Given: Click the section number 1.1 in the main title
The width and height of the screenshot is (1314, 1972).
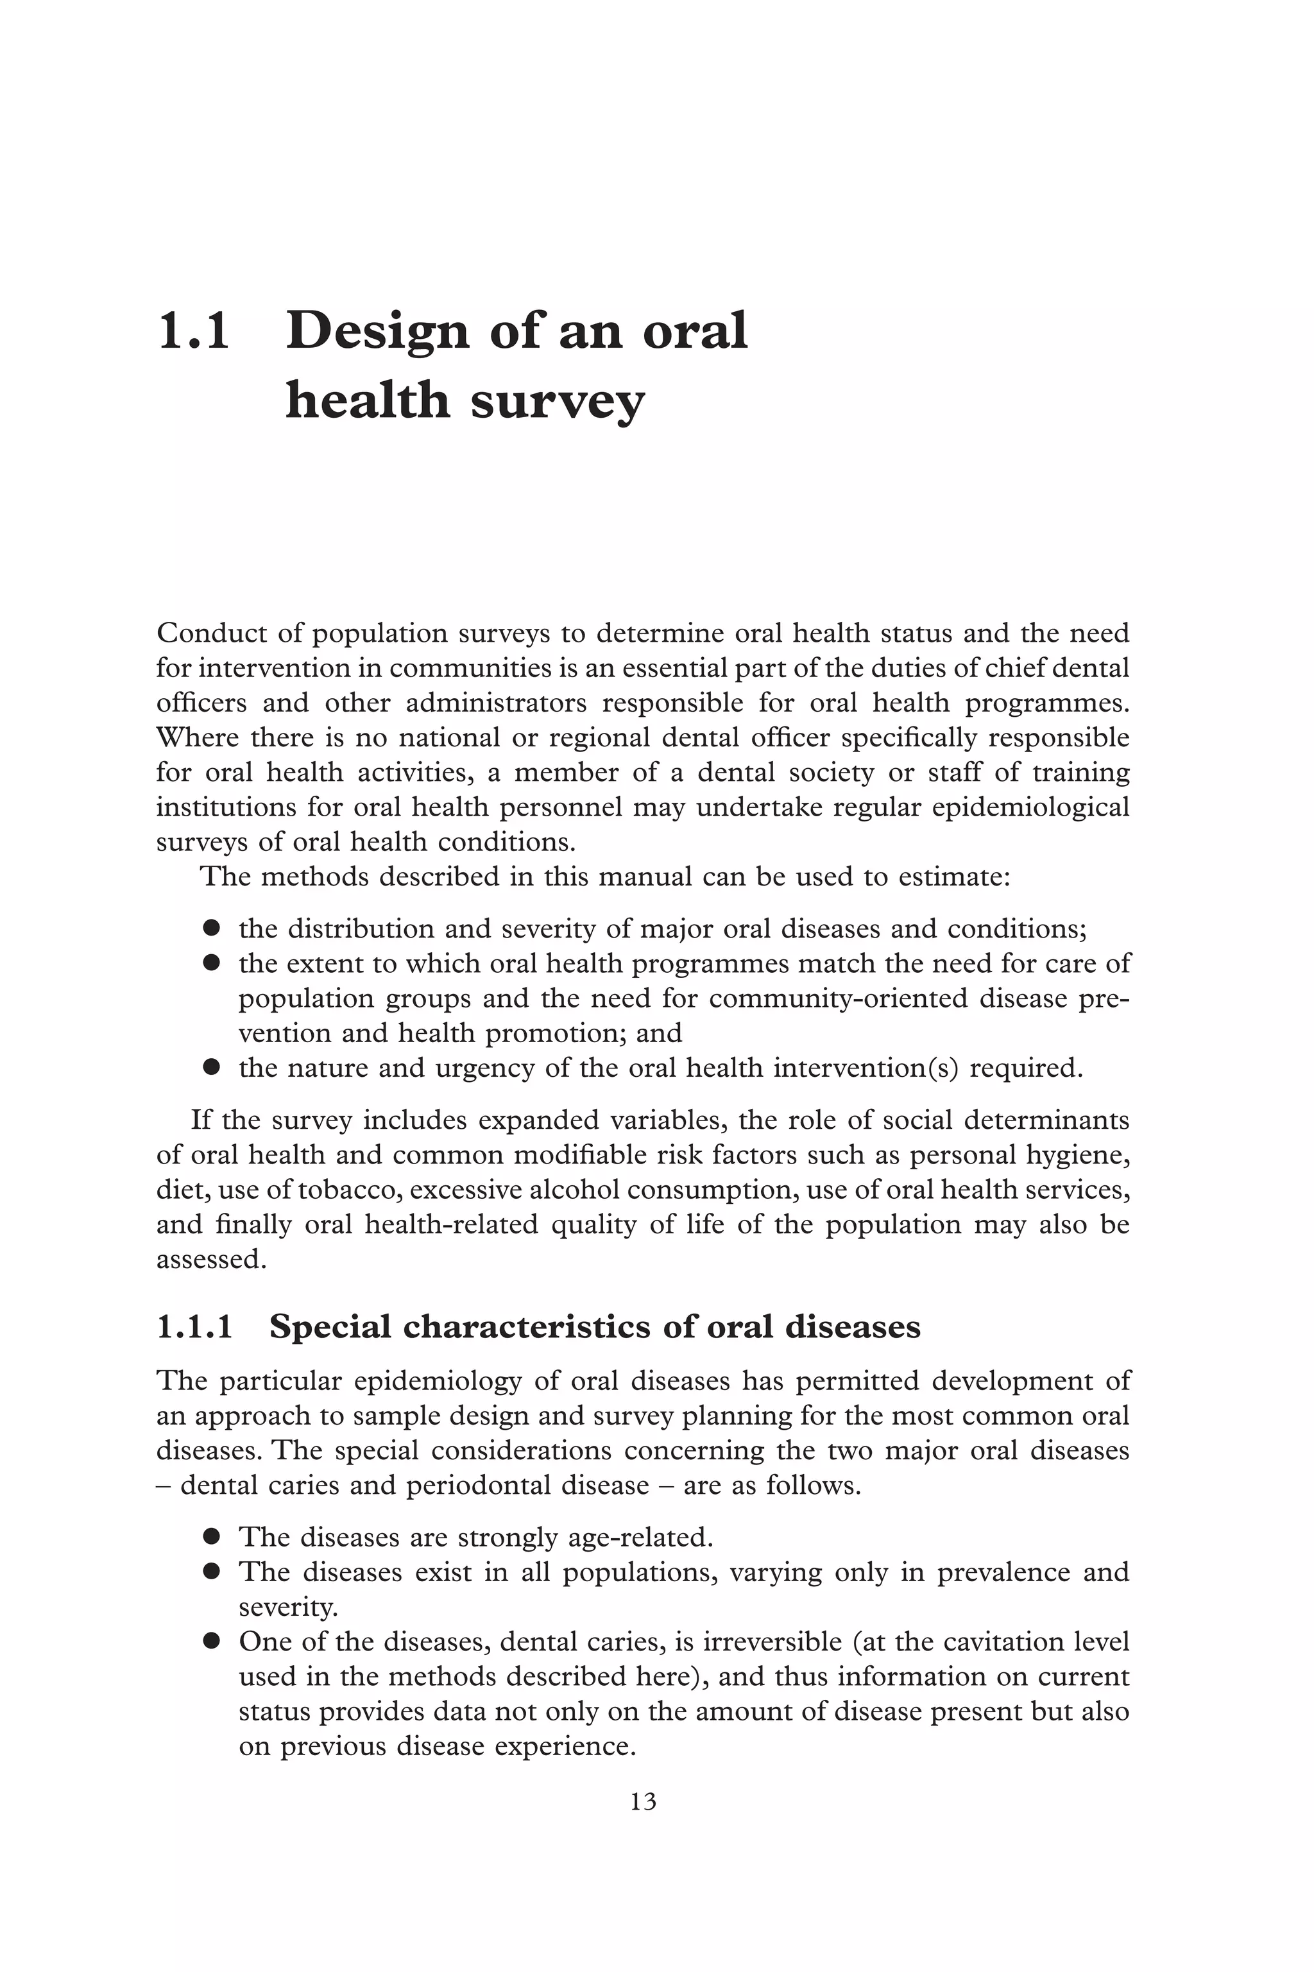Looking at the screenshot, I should click(194, 332).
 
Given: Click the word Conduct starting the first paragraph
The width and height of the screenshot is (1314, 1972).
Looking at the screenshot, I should click(211, 633).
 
